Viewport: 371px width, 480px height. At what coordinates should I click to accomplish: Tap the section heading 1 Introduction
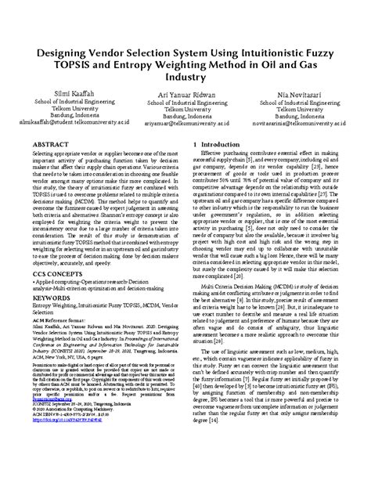[227, 146]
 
